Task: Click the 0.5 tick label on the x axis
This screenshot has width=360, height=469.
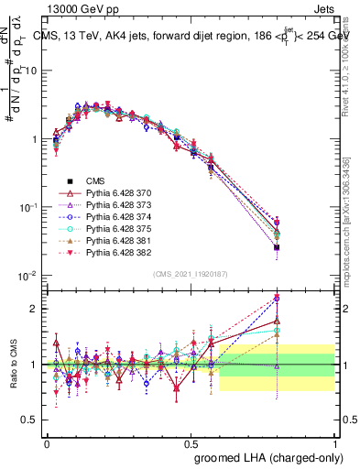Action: [x=191, y=442]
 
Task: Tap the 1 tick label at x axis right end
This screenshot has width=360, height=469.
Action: [x=335, y=442]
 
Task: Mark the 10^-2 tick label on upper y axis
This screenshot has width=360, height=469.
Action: [x=28, y=276]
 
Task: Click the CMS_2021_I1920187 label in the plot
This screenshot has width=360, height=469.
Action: [x=190, y=274]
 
